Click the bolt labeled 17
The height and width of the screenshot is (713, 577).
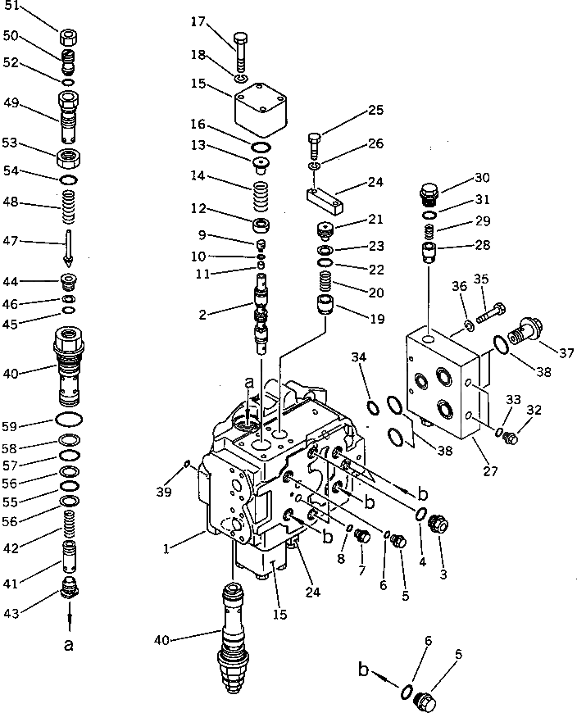pyautogui.click(x=240, y=51)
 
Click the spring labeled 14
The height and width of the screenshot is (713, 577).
pyautogui.click(x=260, y=196)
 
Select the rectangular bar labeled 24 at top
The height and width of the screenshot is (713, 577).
pyautogui.click(x=328, y=197)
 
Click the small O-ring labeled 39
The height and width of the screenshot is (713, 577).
pyautogui.click(x=188, y=465)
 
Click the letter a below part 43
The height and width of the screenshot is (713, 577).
pyautogui.click(x=69, y=645)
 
